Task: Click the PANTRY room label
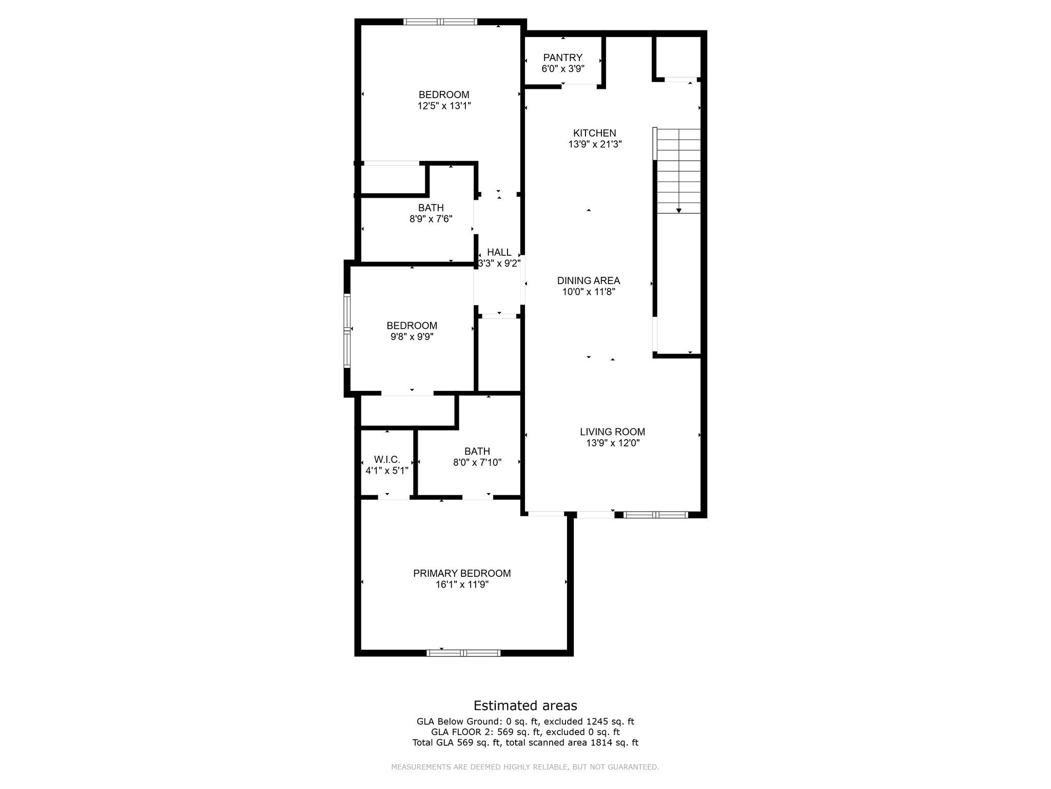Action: [562, 58]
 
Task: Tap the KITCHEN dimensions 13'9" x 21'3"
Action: [595, 145]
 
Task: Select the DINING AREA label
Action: [589, 280]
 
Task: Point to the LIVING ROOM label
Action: [612, 432]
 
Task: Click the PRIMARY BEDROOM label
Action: [462, 573]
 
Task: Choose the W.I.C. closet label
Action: [387, 459]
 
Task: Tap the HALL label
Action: [499, 252]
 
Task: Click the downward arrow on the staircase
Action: [678, 210]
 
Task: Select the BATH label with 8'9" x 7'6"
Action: [431, 208]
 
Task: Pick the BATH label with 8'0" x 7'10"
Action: [477, 451]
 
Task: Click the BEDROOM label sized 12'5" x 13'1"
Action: [444, 95]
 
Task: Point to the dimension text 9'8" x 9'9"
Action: [412, 337]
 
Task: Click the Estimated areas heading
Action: [525, 705]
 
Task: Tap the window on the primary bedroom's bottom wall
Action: [463, 653]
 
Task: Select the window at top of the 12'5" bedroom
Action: [440, 22]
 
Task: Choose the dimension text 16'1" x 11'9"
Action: [462, 585]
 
